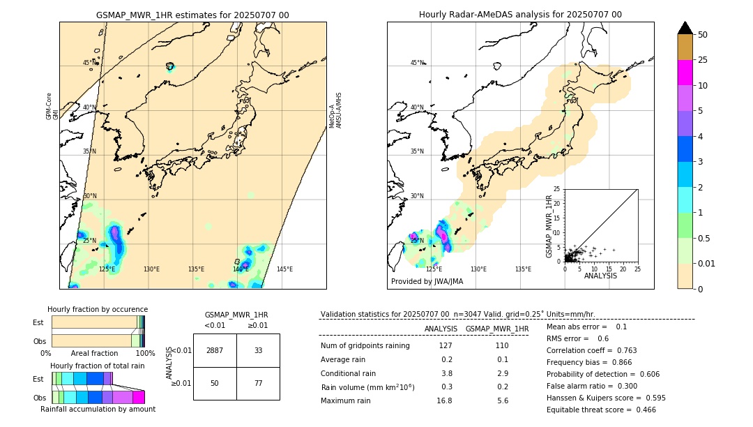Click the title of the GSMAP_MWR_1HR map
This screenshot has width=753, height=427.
192,15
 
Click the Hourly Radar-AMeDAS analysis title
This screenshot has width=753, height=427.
520,15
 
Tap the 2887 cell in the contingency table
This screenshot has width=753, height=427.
215,350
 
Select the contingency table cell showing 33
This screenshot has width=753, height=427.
258,350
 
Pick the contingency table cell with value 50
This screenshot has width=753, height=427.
215,383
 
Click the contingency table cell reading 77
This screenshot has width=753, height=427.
258,383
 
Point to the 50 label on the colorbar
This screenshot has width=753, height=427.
703,35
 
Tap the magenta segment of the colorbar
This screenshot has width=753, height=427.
685,73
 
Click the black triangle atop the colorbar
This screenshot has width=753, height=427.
685,28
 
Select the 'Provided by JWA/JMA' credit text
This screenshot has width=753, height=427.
427,282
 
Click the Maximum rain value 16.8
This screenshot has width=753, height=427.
444,400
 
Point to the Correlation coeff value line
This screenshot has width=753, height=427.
592,350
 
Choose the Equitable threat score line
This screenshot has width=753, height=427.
601,410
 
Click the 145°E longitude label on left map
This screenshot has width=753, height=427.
284,269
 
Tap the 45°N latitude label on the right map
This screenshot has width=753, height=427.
417,63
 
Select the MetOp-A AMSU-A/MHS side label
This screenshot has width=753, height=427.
336,110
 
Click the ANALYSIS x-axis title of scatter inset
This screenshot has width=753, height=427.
600,276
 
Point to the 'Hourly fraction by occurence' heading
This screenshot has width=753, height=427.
98,309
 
